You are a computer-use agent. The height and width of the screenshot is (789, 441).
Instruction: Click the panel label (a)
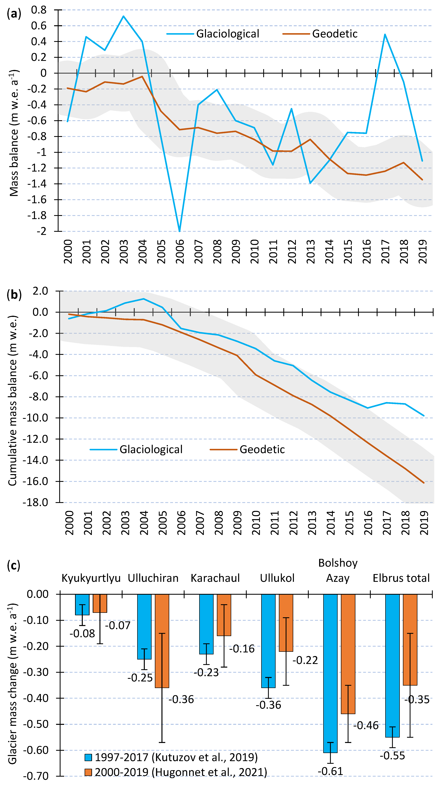[x=14, y=14]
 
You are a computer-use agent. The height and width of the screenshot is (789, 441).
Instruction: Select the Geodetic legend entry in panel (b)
[x=262, y=449]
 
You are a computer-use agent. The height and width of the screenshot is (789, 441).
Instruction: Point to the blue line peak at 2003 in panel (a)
[x=123, y=16]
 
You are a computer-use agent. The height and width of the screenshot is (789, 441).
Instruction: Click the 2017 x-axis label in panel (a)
[x=385, y=251]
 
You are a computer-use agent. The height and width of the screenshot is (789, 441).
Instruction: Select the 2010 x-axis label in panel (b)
[x=256, y=523]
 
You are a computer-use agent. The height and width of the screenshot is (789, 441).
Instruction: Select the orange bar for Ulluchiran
[x=162, y=641]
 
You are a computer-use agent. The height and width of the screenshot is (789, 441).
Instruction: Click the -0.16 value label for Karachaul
[x=242, y=648]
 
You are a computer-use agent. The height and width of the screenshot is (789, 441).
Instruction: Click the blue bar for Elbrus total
[x=392, y=665]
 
